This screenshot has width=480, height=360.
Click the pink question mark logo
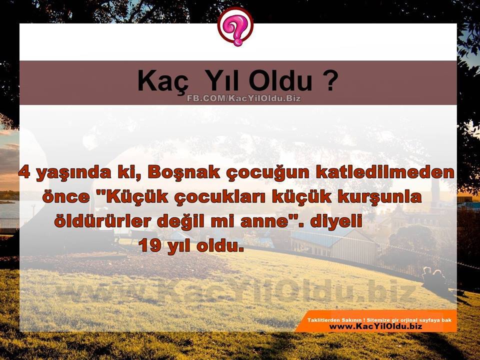(x=235, y=26)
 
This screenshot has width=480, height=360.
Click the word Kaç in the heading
(x=163, y=81)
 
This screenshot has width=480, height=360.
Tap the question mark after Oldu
(x=330, y=80)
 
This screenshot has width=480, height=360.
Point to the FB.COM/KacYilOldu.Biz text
(x=244, y=98)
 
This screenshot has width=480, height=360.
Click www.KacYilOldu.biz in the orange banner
(x=375, y=326)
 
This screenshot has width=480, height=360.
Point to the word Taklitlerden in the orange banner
(x=319, y=320)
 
